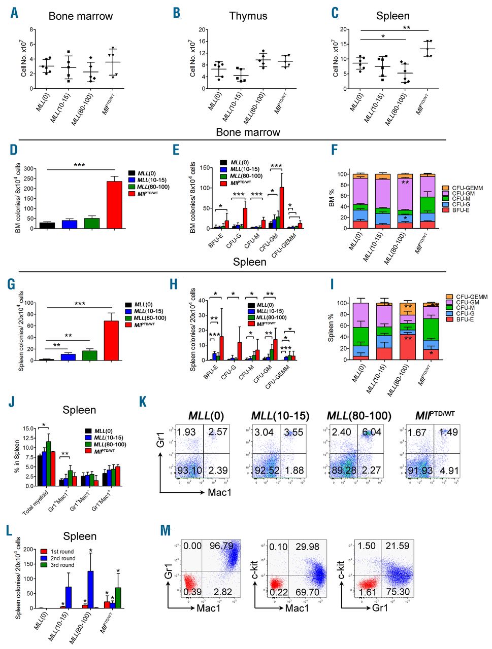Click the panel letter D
pos(14,151)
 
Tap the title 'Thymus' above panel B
pos(248,16)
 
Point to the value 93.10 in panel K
pos(189,470)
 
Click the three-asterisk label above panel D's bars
pos(79,165)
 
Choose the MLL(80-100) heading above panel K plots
pos(359,416)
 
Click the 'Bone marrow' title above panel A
pos(81,16)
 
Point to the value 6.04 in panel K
pos(372,431)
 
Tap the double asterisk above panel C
pos(406,27)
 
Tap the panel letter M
pos(166,531)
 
